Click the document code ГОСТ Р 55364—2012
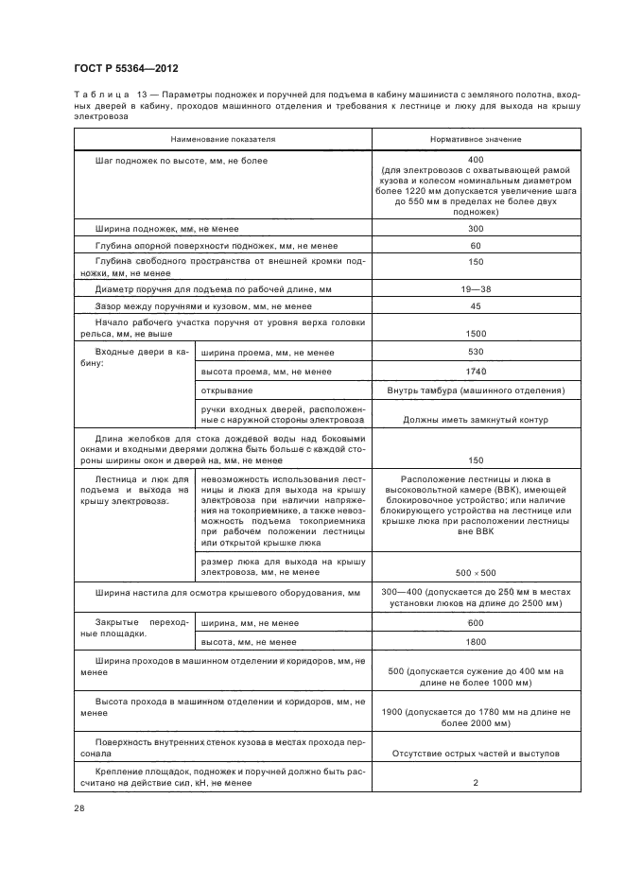click(126, 69)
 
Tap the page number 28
click(79, 807)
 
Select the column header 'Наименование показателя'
click(223, 139)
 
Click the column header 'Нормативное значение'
click(476, 139)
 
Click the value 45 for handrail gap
click(476, 306)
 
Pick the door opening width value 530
click(476, 353)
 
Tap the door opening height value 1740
click(476, 371)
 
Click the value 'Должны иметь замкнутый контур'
click(476, 419)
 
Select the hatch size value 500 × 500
click(476, 572)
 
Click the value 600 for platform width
click(476, 623)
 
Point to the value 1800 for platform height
click(476, 642)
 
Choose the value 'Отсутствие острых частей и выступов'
click(476, 754)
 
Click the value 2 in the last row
click(476, 783)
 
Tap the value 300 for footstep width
click(476, 229)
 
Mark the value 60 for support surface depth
click(476, 246)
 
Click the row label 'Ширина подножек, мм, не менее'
click(166, 229)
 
